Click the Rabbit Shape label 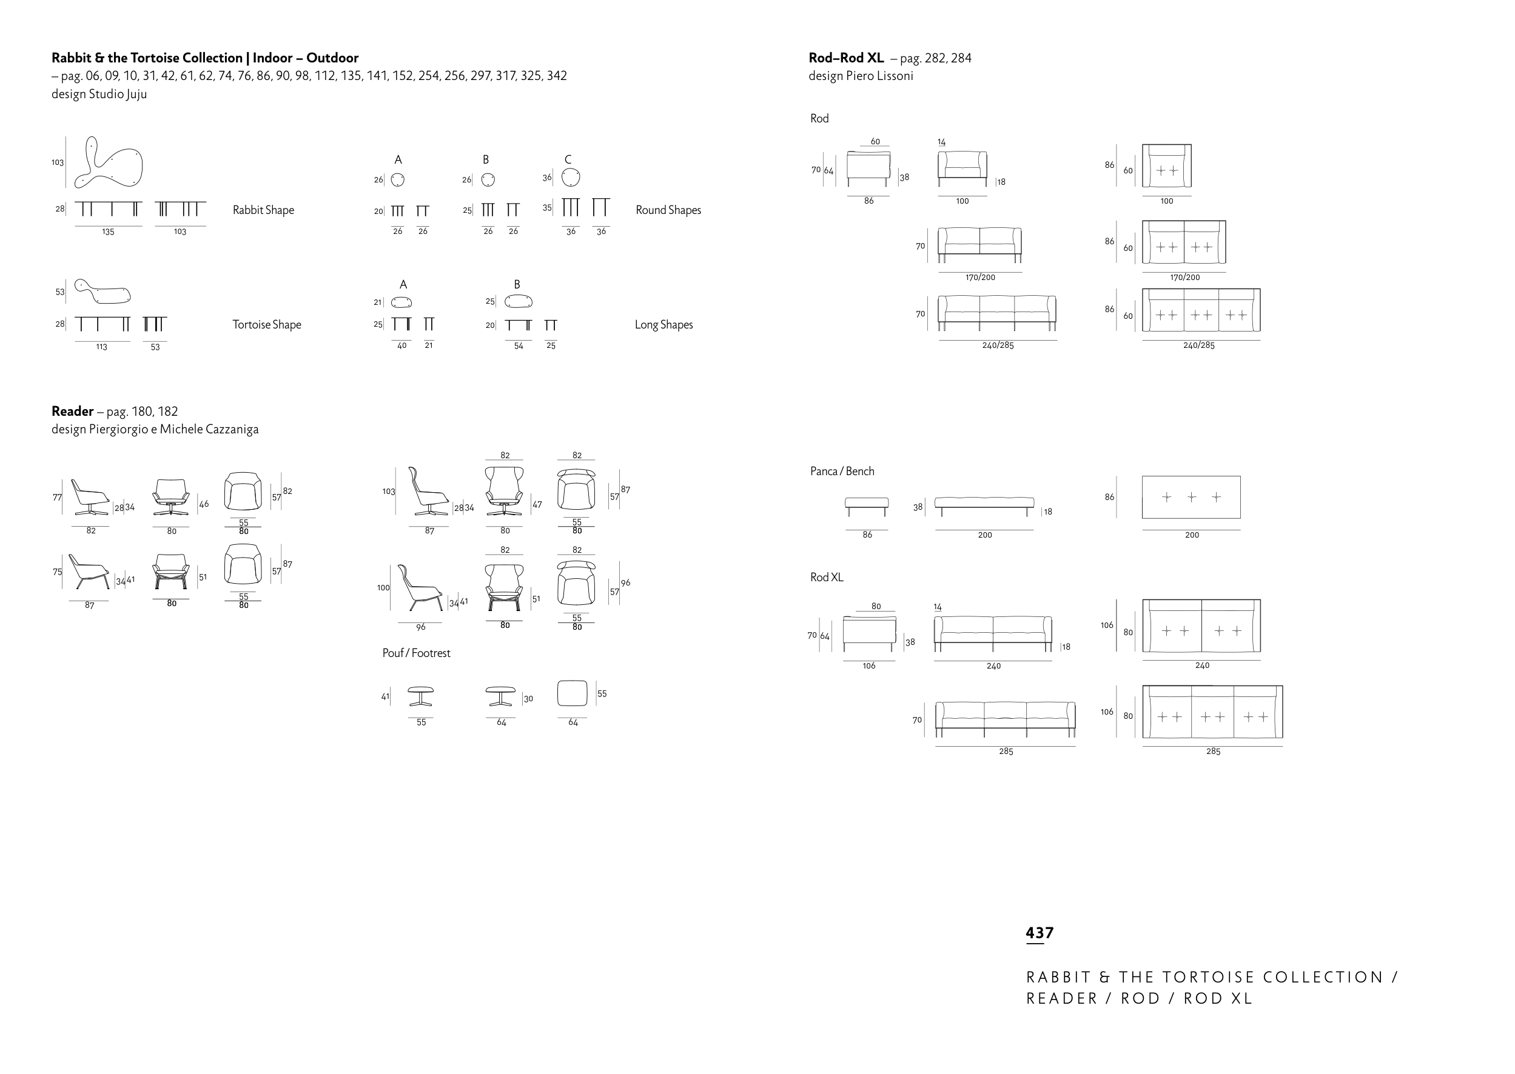click(263, 210)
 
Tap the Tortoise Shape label click(267, 325)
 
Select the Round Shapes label click(668, 210)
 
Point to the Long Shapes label click(663, 325)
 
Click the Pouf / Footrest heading click(416, 653)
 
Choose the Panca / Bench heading click(842, 471)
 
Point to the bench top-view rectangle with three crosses click(1191, 476)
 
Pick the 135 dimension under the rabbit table click(108, 232)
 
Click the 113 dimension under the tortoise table click(101, 347)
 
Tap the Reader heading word click(72, 412)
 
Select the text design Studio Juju click(99, 94)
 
